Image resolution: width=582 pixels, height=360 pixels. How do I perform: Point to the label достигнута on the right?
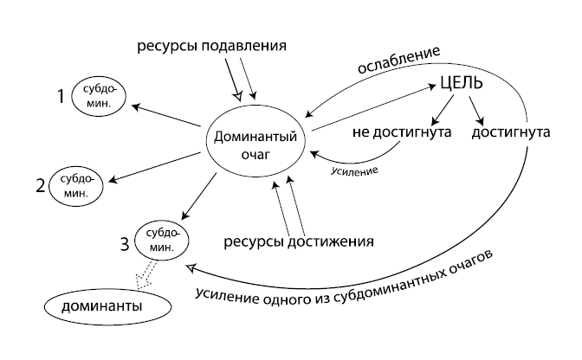511,135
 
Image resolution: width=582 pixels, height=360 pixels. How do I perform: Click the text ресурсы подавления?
211,45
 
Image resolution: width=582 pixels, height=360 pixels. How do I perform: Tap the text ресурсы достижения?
300,241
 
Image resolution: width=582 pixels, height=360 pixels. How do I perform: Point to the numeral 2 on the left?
40,184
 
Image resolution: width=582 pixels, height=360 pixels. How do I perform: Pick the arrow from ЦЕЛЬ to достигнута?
476,110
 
